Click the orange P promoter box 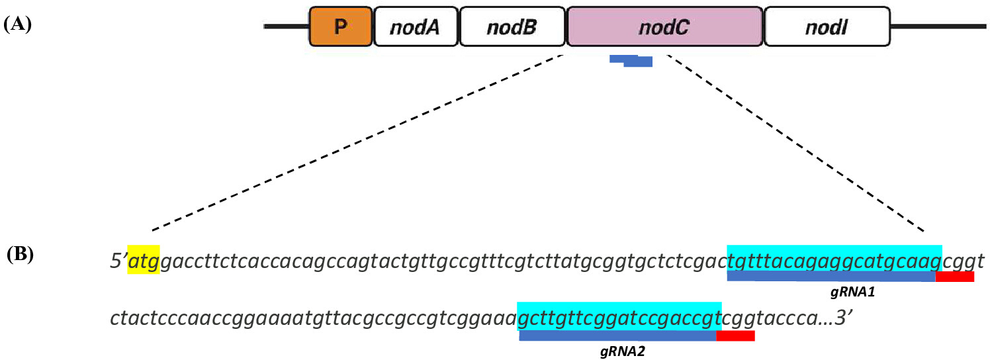[340, 26]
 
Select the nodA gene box [416, 26]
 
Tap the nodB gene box [512, 26]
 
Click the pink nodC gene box [664, 26]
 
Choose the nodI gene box [827, 26]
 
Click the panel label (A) [18, 24]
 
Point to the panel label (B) [20, 255]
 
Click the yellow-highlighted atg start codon [144, 259]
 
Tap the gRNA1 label [852, 292]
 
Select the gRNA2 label [622, 351]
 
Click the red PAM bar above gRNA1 [955, 277]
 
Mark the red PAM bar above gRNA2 [735, 336]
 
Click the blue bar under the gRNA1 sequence [831, 277]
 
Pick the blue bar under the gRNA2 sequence [618, 336]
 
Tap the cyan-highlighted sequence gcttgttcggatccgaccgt [619, 316]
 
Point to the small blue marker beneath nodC [631, 61]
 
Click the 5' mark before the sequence [118, 261]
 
